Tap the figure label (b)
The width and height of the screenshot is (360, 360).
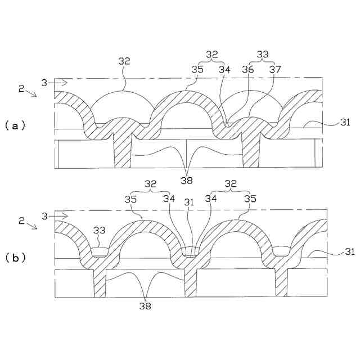pos(15,258)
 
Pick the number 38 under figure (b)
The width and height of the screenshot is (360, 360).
pos(146,306)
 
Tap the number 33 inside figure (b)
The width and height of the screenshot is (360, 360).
pos(100,231)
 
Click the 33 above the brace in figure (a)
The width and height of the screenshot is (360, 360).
pos(262,54)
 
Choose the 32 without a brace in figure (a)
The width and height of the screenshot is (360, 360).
pos(124,60)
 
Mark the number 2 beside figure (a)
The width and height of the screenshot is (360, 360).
pos(21,88)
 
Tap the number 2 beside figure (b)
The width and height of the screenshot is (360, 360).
pos(21,220)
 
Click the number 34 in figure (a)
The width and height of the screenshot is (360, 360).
pos(224,69)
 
